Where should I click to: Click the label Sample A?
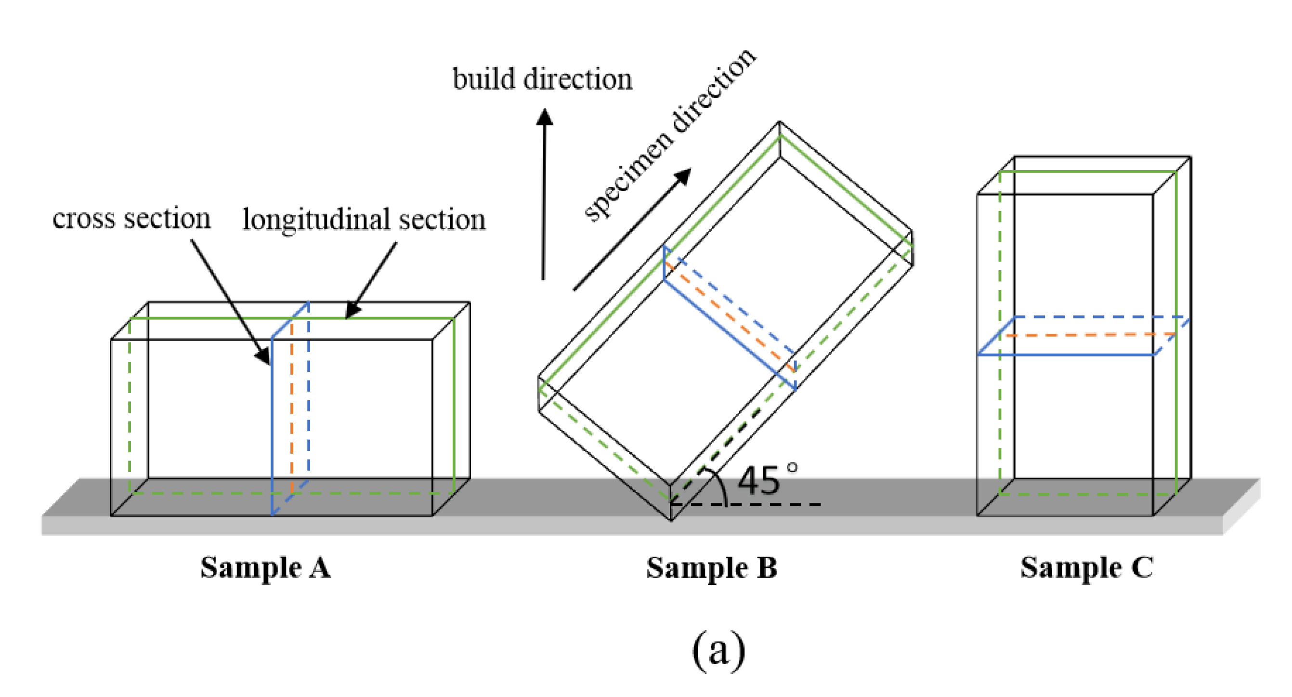point(265,567)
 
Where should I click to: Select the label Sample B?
point(712,567)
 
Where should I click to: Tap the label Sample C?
point(1086,567)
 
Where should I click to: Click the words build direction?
point(542,79)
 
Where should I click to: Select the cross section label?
point(131,218)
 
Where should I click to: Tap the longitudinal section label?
point(364,220)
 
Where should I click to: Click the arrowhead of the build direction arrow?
point(544,117)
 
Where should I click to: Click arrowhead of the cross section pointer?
point(264,356)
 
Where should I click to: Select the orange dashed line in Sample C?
point(1090,334)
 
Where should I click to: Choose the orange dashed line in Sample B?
point(730,316)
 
